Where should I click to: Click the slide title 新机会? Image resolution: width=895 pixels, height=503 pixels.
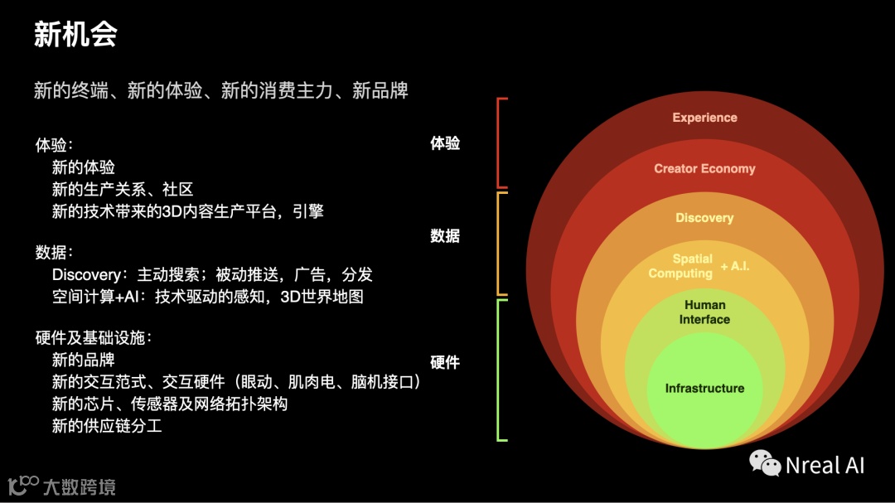click(75, 35)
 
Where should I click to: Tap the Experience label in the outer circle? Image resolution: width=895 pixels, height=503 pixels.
click(704, 118)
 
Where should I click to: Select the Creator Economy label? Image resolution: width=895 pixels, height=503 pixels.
click(704, 168)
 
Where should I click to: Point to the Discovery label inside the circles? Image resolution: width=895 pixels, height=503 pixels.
click(704, 218)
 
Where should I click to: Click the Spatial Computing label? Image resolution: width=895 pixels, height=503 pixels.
click(681, 266)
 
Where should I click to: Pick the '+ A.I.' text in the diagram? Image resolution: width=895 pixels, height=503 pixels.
click(735, 266)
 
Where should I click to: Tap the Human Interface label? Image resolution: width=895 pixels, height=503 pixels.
click(704, 312)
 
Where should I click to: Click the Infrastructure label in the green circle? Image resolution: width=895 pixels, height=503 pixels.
click(704, 388)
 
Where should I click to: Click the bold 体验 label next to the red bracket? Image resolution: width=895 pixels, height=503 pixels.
click(445, 143)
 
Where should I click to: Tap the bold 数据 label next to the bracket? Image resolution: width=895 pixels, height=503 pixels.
click(445, 236)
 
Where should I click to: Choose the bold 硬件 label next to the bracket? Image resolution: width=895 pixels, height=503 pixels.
click(445, 362)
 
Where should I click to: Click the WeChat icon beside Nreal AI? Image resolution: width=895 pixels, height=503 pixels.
click(764, 464)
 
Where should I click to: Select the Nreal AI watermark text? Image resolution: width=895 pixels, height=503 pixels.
click(825, 465)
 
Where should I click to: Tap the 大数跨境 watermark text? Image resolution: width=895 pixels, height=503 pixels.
click(79, 486)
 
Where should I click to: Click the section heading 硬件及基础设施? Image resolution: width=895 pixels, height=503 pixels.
click(94, 338)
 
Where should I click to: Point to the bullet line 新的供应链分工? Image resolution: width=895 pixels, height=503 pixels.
click(107, 426)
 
